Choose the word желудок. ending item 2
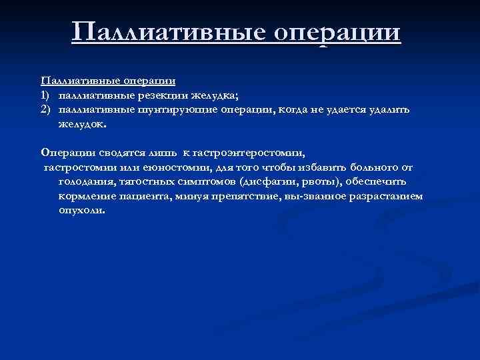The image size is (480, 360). click(x=81, y=123)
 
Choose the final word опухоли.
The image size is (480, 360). click(x=81, y=210)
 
